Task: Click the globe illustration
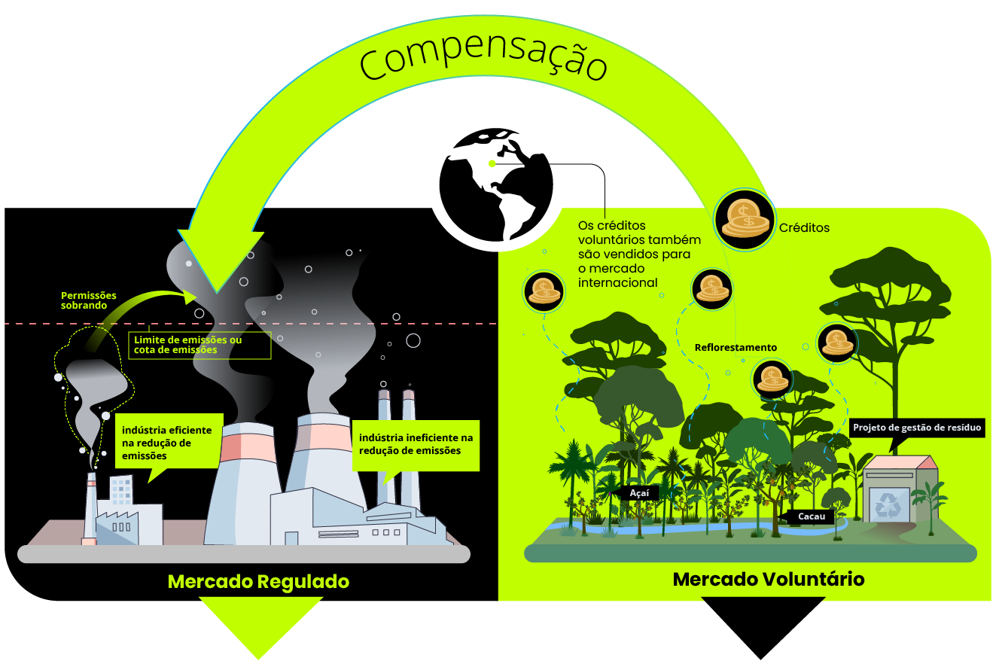coord(496,185)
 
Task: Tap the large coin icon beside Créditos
coord(745,220)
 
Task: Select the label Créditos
coord(804,227)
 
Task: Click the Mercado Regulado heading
coord(258,581)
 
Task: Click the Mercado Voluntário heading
coord(769,579)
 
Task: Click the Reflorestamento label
coord(736,347)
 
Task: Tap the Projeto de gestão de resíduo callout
coord(916,428)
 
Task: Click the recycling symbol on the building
coord(888,506)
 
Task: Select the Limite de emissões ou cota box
coord(200,345)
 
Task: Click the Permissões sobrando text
coord(89,300)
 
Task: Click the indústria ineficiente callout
coord(416,445)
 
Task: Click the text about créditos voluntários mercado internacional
coord(639,254)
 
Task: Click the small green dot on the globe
coord(492,163)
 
